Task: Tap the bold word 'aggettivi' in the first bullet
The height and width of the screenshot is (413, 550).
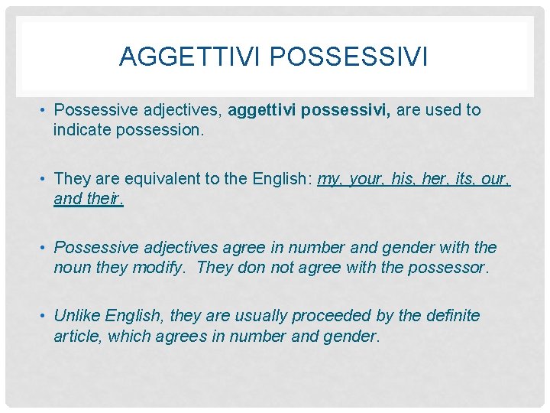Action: (261, 110)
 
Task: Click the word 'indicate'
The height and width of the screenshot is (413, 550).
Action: (82, 130)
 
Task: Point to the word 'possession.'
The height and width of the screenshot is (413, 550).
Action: (160, 130)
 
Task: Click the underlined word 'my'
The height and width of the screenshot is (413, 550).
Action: (328, 179)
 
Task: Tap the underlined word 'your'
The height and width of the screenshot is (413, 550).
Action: (366, 179)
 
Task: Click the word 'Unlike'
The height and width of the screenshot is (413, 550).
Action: (77, 317)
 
